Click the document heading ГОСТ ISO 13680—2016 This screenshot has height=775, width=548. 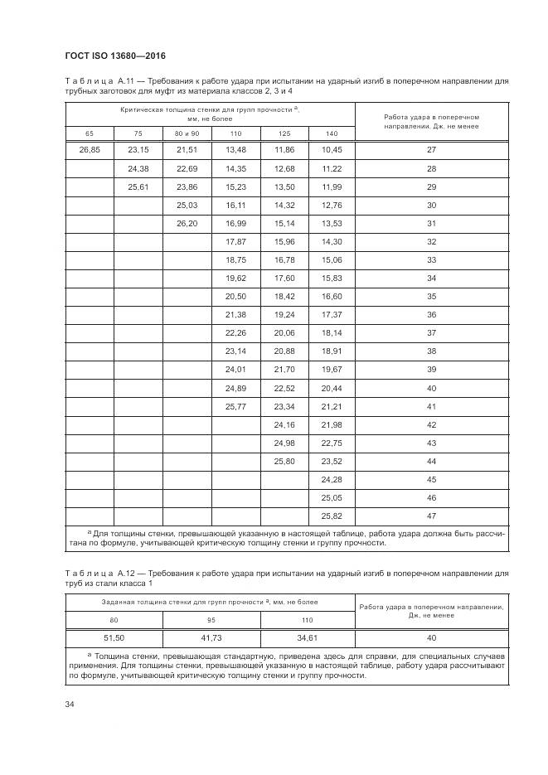pos(115,56)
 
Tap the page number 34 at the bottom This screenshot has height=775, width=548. pos(70,705)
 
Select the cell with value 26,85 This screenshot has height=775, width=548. pos(89,150)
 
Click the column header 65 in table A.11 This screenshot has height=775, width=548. pos(89,133)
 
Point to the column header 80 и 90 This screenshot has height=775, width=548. pos(187,133)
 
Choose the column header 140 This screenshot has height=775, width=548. pos(332,133)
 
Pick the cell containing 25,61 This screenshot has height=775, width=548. pos(138,186)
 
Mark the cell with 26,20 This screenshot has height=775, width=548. pos(187,223)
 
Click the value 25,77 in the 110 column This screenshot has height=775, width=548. pos(235,406)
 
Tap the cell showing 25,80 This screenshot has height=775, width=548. pos(284,461)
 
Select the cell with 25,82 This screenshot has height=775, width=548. pos(332,516)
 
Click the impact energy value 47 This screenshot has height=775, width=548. pos(431,516)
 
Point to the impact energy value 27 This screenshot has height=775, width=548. pos(431,150)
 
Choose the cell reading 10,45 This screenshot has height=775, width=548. pos(332,150)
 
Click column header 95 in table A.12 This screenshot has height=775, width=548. pos(211,619)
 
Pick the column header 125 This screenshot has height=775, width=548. pos(284,133)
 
